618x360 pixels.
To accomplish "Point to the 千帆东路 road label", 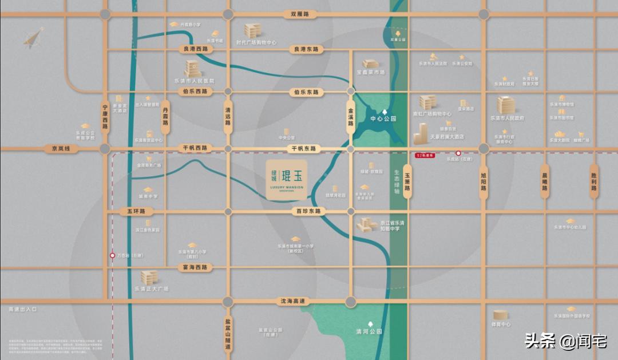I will pyautogui.click(x=304, y=148).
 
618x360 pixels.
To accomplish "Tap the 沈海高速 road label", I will pyautogui.click(x=293, y=301).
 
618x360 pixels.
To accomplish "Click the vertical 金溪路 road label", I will pyautogui.click(x=351, y=117).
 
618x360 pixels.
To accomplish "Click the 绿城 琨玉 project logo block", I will pyautogui.click(x=286, y=180).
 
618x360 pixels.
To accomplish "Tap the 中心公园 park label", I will pyautogui.click(x=383, y=119).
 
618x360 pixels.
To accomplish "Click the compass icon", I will pyautogui.click(x=33, y=38).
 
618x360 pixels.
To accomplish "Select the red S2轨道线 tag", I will pyautogui.click(x=425, y=154).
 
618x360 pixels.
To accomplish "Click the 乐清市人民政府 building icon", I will pyautogui.click(x=506, y=105).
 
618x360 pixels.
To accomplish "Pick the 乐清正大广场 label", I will pyautogui.click(x=151, y=289).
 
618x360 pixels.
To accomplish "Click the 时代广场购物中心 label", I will pyautogui.click(x=256, y=42).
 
